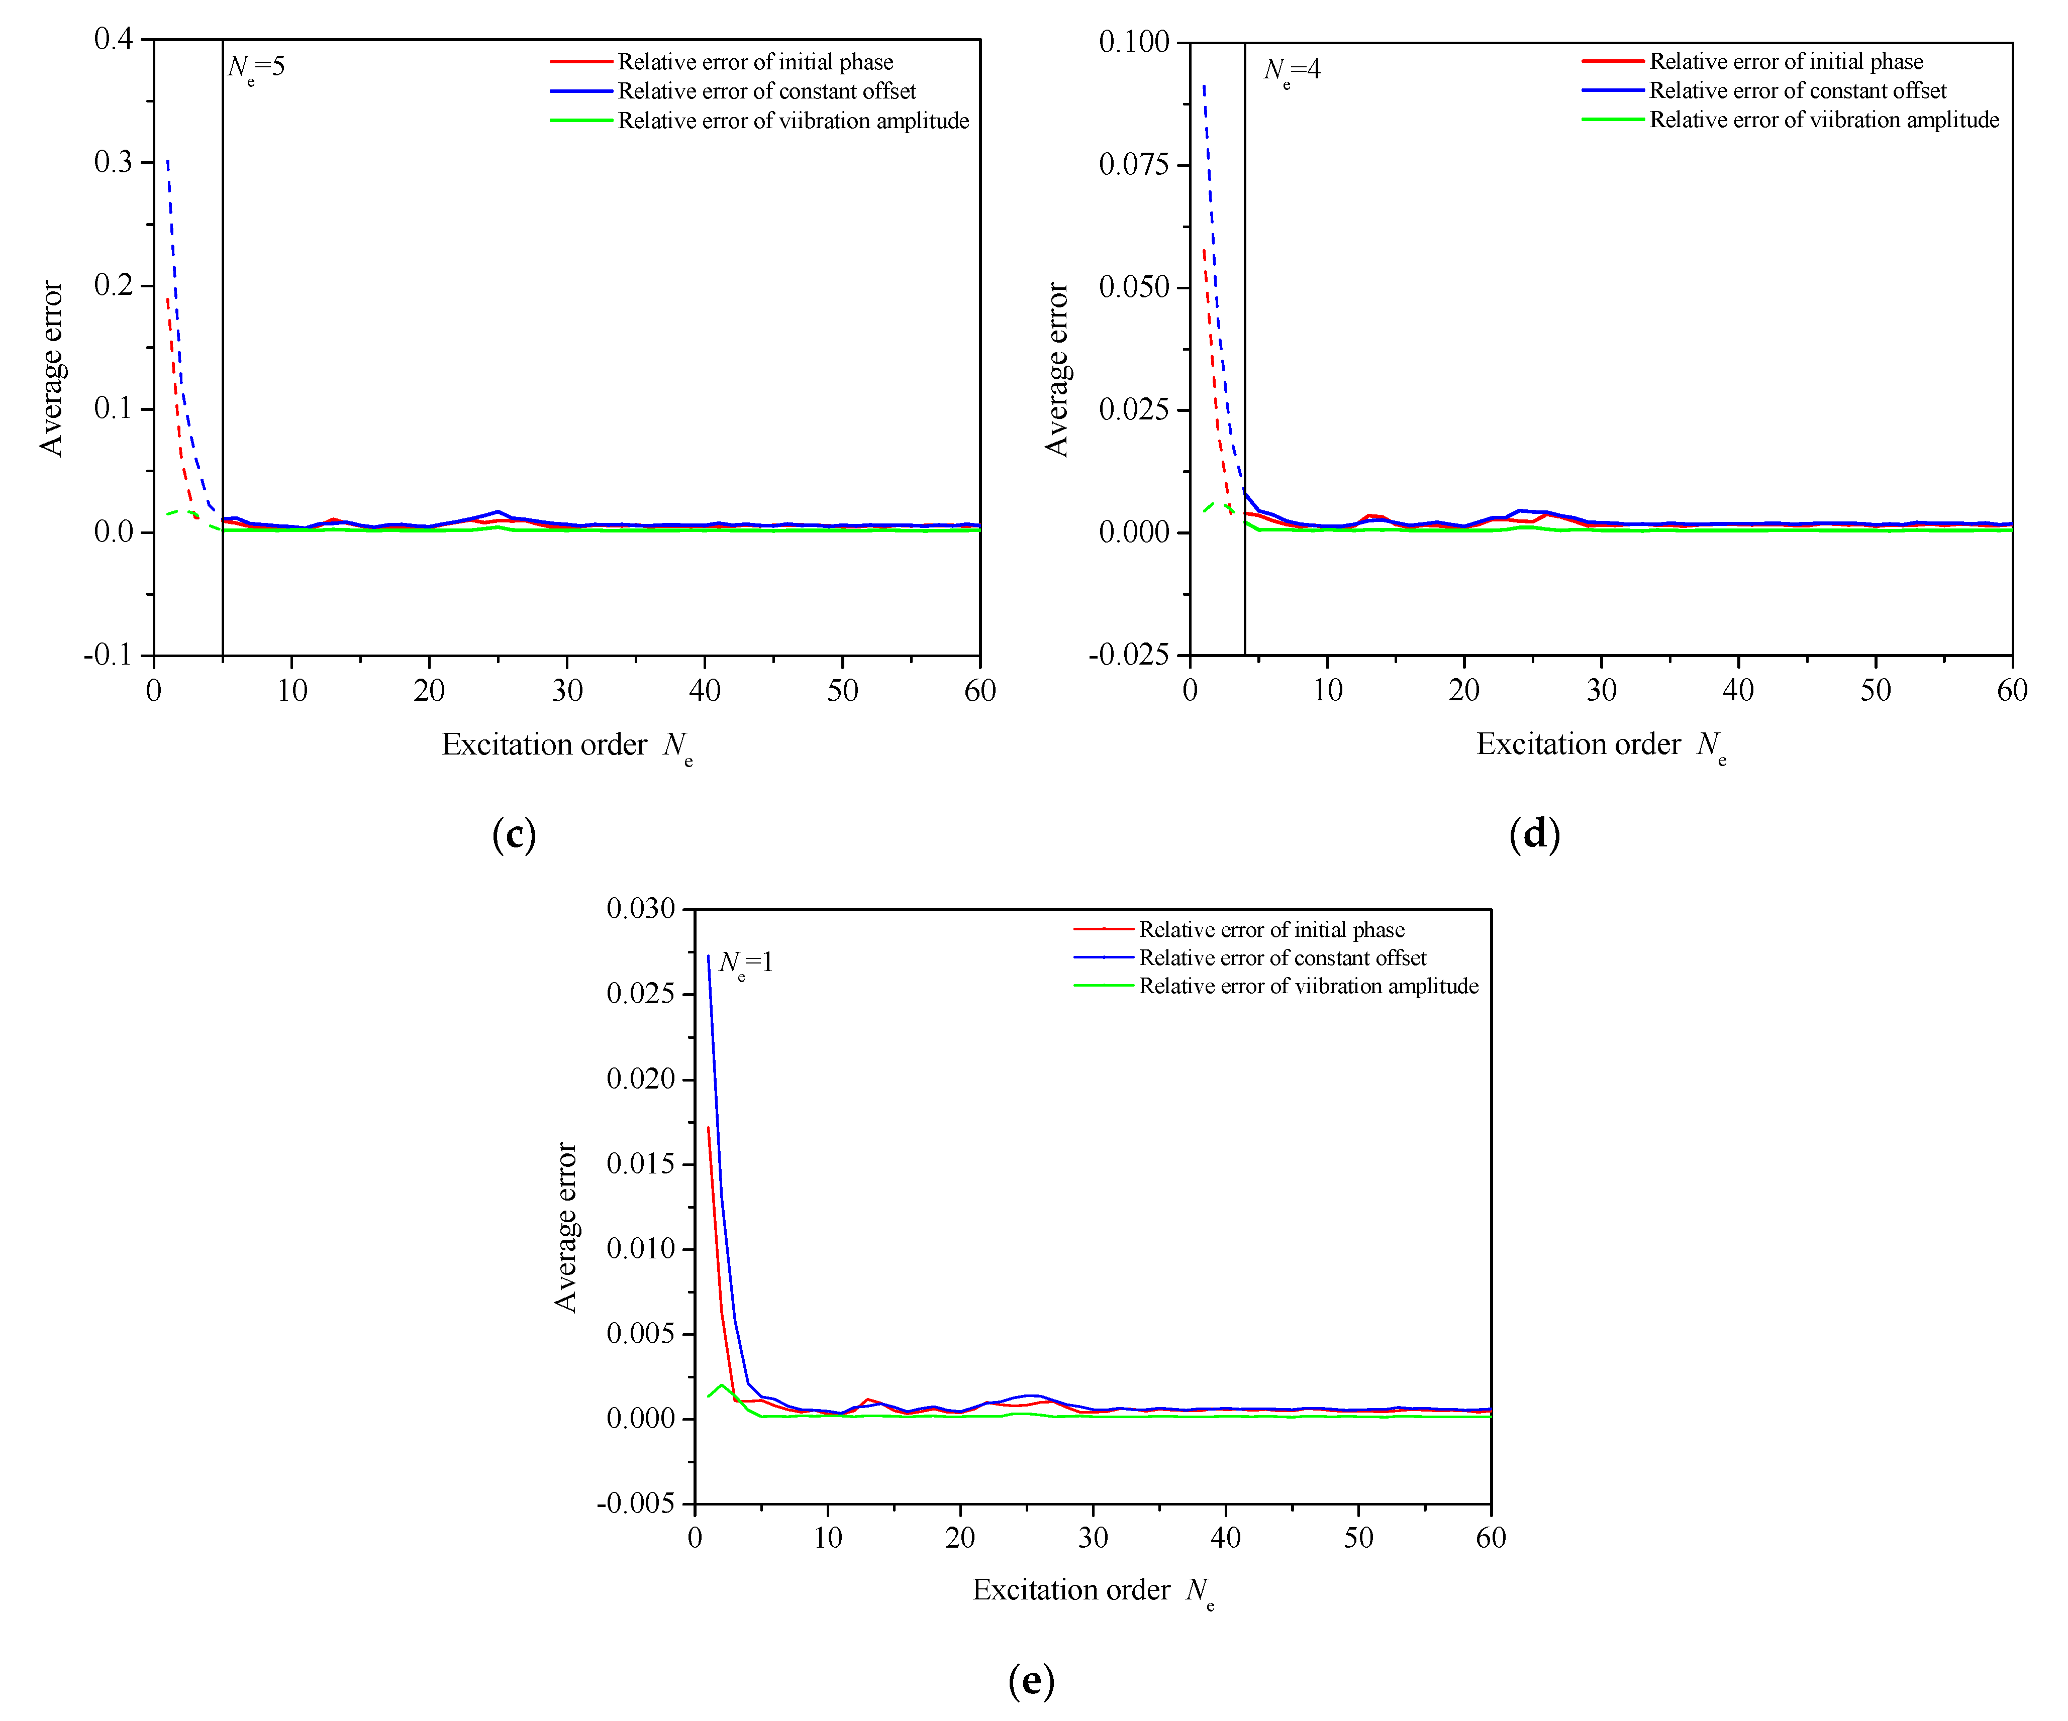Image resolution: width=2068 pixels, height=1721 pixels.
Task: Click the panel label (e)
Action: tap(1031, 1680)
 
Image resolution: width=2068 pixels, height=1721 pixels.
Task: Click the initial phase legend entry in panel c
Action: tap(754, 62)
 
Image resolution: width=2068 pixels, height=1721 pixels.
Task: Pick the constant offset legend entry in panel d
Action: tap(1797, 90)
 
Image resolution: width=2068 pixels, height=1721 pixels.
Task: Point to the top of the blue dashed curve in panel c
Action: tap(167, 160)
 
